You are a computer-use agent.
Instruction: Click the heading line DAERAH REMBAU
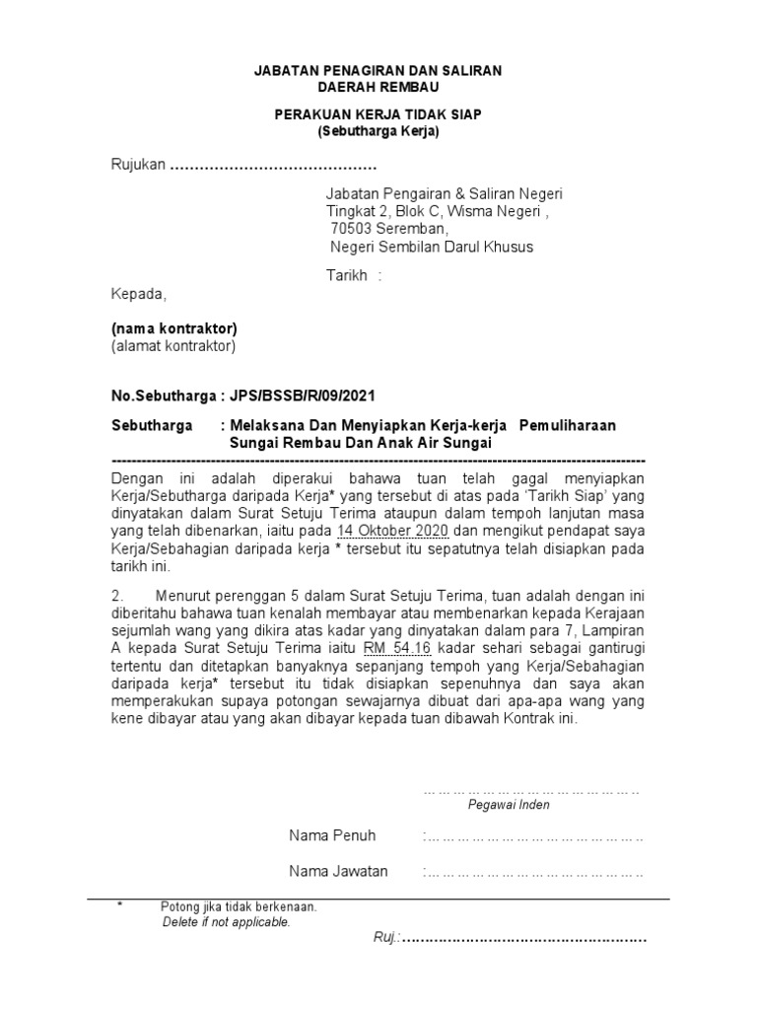[x=378, y=88]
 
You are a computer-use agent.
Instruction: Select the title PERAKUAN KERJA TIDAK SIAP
[x=378, y=114]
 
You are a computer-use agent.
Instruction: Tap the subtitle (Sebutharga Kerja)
[x=378, y=131]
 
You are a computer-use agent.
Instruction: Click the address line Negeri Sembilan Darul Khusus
[x=431, y=248]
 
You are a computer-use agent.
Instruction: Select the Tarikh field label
[x=347, y=274]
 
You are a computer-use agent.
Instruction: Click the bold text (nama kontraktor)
[x=173, y=327]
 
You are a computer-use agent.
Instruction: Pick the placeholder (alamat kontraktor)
[x=172, y=345]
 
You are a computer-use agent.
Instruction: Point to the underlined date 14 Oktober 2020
[x=393, y=533]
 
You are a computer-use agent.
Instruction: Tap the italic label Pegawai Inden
[x=509, y=805]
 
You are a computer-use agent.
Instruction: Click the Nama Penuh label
[x=332, y=836]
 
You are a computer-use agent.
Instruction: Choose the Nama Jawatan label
[x=338, y=872]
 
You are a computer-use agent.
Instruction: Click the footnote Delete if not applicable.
[x=227, y=923]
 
